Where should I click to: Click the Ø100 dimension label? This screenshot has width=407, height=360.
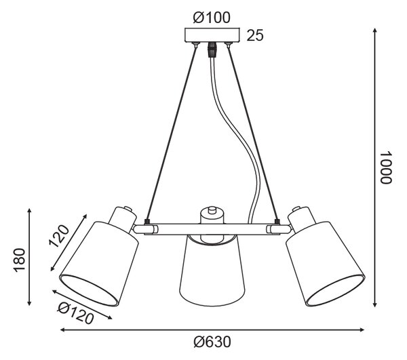tap(212, 18)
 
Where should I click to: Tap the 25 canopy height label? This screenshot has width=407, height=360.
tap(255, 35)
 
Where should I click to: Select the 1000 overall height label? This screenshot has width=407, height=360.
tap(385, 167)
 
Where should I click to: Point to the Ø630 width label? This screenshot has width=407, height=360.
tap(212, 342)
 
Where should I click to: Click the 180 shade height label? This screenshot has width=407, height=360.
tap(20, 260)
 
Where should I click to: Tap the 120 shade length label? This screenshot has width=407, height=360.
tap(59, 237)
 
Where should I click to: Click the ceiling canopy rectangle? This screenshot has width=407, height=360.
tap(212, 35)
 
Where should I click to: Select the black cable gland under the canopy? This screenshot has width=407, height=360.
tap(212, 49)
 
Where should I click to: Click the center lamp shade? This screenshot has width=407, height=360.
tap(212, 270)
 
